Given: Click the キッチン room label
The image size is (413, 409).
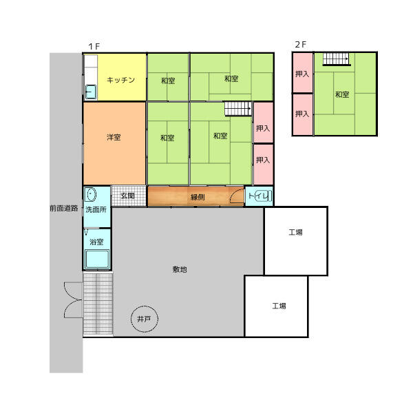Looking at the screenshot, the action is (121, 80).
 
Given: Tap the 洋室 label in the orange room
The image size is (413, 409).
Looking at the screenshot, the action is (114, 137).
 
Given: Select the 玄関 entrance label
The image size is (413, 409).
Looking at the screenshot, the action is (128, 196).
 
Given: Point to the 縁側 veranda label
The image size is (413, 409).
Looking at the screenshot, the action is (198, 197).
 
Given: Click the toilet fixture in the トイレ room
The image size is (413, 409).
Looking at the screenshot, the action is (263, 196).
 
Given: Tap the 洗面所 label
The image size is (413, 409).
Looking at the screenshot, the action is (96, 209).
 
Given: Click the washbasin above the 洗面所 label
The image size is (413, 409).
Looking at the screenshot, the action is (91, 194).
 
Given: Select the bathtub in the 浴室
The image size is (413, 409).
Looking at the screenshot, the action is (97, 259).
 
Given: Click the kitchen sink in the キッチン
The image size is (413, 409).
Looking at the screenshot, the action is (91, 92).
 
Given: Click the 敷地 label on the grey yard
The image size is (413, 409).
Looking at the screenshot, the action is (180, 269).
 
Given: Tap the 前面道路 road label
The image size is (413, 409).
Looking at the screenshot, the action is (64, 208).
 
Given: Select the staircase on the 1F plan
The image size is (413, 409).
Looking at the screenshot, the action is (238, 109).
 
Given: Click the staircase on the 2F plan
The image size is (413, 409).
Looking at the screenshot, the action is (337, 59).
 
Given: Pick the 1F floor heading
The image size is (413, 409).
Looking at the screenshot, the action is (94, 47).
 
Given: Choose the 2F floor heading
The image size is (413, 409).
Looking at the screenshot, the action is (301, 45).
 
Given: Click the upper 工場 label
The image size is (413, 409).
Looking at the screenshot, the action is (295, 232).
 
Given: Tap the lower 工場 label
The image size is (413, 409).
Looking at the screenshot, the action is (279, 306).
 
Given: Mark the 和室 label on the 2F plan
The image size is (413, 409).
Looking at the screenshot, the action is (342, 94).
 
